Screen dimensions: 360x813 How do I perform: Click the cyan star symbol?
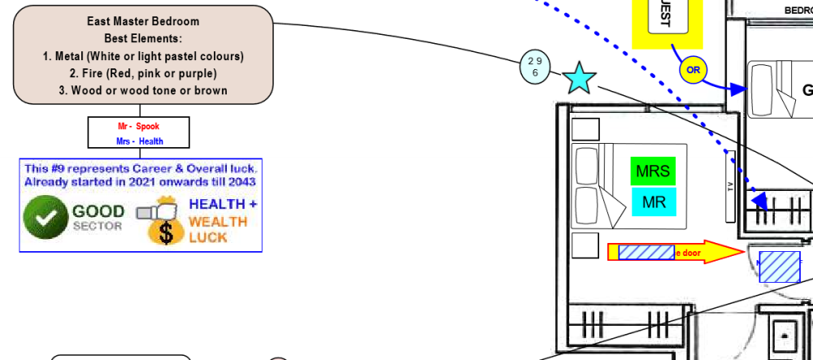[x=579, y=78]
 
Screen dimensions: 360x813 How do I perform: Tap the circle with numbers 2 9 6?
[x=534, y=67]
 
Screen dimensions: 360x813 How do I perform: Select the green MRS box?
[x=653, y=171]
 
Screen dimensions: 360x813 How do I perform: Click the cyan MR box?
[x=653, y=202]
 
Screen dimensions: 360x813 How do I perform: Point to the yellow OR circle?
[x=693, y=70]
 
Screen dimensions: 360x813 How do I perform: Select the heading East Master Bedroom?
[x=143, y=21]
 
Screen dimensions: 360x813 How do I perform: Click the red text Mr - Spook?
[x=138, y=126]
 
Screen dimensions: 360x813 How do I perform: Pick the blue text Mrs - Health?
[x=138, y=141]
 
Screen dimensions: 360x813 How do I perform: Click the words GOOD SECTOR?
[x=98, y=217]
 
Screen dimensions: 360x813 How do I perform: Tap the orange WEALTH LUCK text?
[x=218, y=229]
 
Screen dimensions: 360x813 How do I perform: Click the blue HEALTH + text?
[x=223, y=204]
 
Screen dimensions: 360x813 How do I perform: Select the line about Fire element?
[x=143, y=73]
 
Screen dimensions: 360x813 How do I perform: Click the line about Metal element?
[x=143, y=56]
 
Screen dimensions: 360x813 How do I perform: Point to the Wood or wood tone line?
[x=143, y=90]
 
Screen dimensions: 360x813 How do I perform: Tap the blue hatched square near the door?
[x=779, y=267]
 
